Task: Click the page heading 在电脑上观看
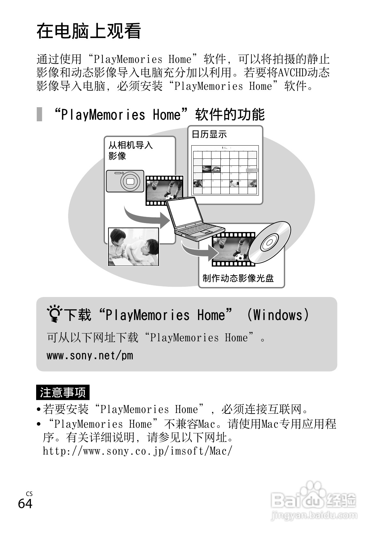click(89, 31)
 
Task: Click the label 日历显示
click(209, 134)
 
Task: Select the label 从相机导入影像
click(130, 150)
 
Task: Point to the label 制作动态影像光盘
click(238, 278)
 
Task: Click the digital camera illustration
click(125, 181)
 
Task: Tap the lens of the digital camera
click(130, 181)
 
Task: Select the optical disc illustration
click(269, 242)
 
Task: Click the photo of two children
click(133, 246)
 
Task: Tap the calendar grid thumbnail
click(225, 170)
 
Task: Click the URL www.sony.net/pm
click(90, 356)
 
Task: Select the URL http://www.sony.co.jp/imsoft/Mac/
click(137, 451)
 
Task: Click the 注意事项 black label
click(63, 392)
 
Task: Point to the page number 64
click(25, 503)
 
